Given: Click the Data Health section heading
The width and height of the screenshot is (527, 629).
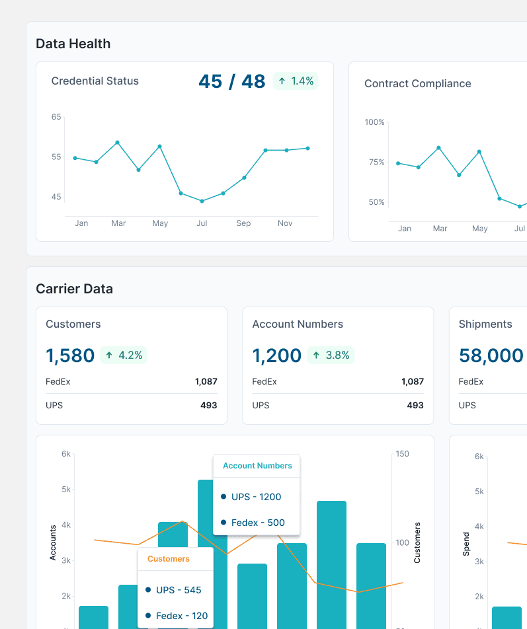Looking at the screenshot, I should pyautogui.click(x=73, y=44).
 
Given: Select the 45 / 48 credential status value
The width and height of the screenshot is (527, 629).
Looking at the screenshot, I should pyautogui.click(x=231, y=81).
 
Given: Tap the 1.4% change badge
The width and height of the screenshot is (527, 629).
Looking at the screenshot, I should pyautogui.click(x=296, y=81).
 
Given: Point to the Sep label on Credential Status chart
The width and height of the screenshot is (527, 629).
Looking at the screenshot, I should pyautogui.click(x=243, y=223).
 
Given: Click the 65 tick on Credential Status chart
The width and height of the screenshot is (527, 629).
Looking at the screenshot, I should pyautogui.click(x=56, y=117).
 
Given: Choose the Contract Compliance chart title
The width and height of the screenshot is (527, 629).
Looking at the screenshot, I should pyautogui.click(x=417, y=84).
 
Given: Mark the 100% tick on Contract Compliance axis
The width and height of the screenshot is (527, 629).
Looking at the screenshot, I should pyautogui.click(x=374, y=122).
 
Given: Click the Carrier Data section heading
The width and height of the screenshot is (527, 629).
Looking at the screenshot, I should pyautogui.click(x=74, y=289).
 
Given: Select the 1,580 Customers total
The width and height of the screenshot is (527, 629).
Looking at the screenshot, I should pyautogui.click(x=70, y=355).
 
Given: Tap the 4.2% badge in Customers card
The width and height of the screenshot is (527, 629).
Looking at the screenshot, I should pyautogui.click(x=124, y=355).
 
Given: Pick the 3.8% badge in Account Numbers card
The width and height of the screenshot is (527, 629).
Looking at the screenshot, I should pyautogui.click(x=331, y=355).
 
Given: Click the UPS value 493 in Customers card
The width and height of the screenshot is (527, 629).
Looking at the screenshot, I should pyautogui.click(x=208, y=405).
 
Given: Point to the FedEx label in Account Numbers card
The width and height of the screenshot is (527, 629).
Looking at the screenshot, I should pyautogui.click(x=264, y=381).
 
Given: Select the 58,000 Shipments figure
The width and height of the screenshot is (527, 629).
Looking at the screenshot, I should pyautogui.click(x=491, y=355).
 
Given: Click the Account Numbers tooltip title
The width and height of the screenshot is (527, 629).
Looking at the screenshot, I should pyautogui.click(x=257, y=466).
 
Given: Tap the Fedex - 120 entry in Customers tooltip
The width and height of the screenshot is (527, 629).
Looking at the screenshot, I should pyautogui.click(x=181, y=616).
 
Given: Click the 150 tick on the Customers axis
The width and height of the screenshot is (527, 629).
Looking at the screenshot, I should pyautogui.click(x=402, y=454).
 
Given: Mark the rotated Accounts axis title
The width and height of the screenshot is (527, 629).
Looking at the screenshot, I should pyautogui.click(x=54, y=542).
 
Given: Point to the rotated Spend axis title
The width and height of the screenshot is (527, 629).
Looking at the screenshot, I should pyautogui.click(x=466, y=543).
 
